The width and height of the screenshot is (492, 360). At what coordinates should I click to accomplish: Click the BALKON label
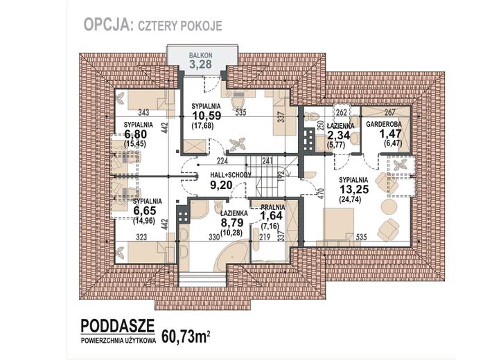tap(200, 55)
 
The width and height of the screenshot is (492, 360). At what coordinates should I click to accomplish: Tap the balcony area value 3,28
tap(200, 64)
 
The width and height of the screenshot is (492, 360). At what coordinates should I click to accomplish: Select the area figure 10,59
tap(207, 116)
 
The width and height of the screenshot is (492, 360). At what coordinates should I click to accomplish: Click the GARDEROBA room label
tap(384, 124)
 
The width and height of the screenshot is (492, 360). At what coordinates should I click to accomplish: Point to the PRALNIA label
tap(272, 207)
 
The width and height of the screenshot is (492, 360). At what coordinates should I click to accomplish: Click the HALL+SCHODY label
tap(231, 175)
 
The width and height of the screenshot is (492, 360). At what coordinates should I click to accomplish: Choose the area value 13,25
tap(354, 190)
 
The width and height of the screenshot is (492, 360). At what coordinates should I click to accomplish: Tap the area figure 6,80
tap(136, 134)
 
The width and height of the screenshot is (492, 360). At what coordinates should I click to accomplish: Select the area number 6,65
tap(145, 210)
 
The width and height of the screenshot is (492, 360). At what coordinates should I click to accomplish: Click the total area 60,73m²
tap(186, 336)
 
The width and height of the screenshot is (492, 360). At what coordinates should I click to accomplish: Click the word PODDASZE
tap(118, 326)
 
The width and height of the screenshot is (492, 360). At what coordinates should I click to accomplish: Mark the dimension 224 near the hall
tap(222, 161)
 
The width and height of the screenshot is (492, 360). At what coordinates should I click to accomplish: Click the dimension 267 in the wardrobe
tap(389, 112)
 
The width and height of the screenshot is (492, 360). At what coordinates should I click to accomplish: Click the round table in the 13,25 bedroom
tap(389, 207)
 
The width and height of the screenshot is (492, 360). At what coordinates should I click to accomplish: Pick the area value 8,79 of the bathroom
tap(232, 223)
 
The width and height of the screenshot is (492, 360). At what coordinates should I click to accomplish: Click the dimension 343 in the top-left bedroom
tap(143, 112)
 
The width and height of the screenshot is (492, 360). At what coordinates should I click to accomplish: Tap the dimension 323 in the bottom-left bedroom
tap(141, 237)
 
